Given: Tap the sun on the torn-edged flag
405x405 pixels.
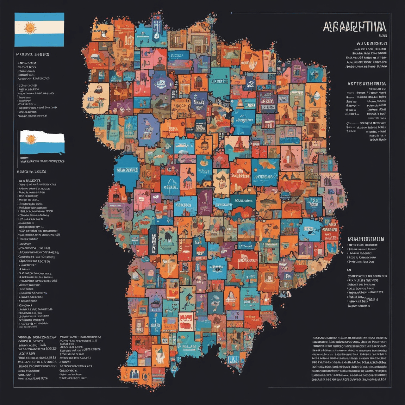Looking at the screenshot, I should tap(31, 139).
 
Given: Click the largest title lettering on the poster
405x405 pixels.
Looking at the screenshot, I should tap(354, 27).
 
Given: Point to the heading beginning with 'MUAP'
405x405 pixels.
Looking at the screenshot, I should tap(366, 239).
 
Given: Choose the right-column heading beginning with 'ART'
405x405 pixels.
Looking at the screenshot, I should tap(367, 84).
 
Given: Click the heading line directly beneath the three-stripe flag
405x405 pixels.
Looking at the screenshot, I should tap(32, 54).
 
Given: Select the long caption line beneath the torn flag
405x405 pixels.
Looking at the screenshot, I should tap(42, 161).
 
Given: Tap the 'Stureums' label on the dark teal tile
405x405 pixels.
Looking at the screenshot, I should tap(244, 201).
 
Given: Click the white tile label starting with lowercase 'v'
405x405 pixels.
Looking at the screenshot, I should tap(244, 120).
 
